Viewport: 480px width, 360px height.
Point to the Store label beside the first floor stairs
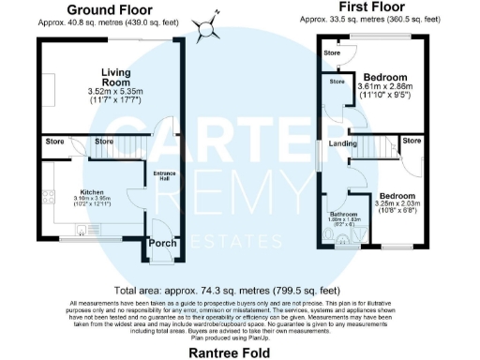411,141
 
